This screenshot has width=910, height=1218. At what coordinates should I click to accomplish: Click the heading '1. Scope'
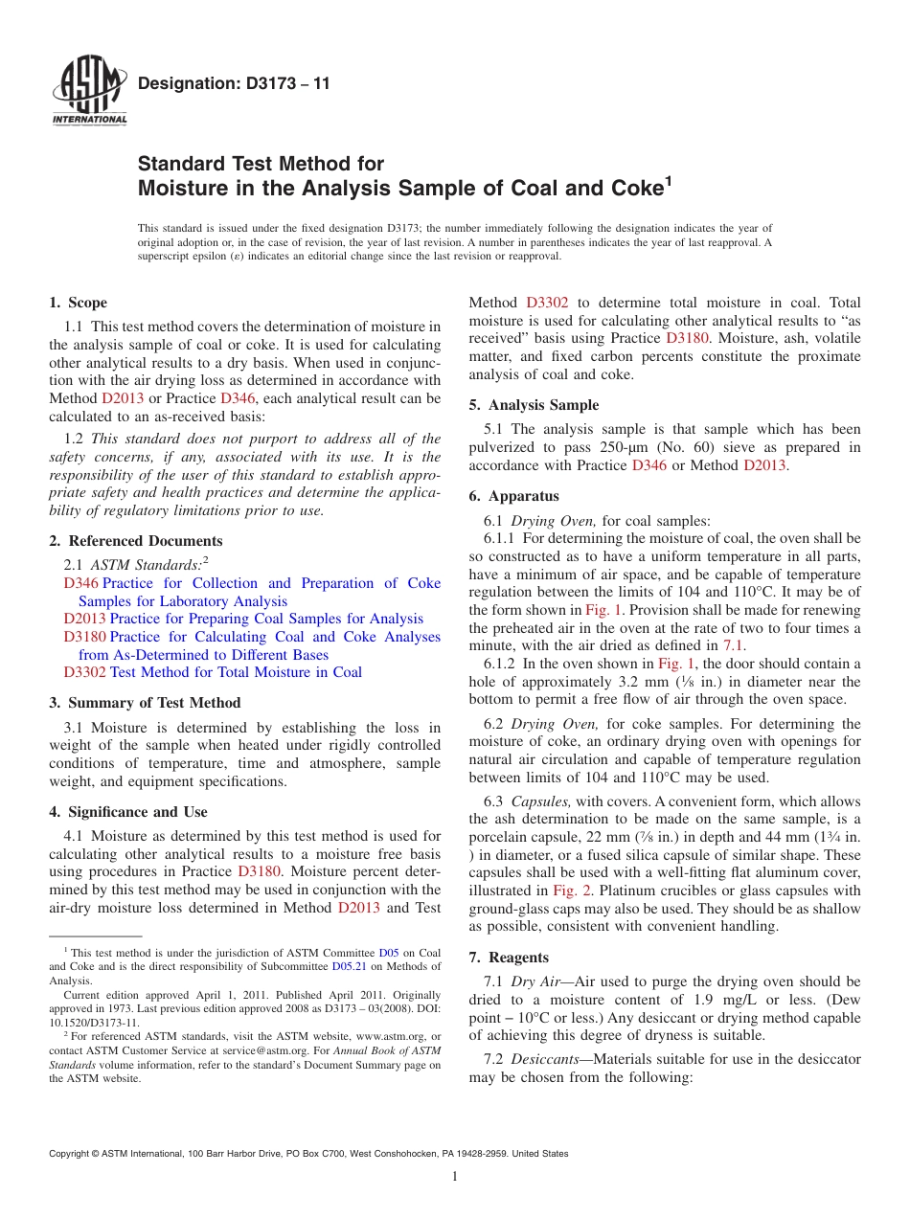click(78, 303)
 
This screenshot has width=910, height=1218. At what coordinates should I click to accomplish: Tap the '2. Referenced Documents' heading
click(135, 541)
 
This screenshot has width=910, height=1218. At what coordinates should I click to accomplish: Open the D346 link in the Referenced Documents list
click(80, 583)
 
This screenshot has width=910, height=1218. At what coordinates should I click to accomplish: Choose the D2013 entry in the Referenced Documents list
click(84, 619)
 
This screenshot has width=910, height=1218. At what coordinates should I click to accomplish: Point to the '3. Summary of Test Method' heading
click(145, 703)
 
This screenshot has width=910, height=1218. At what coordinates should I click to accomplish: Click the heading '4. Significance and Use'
click(127, 812)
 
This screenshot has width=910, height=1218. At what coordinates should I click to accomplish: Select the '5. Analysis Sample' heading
click(534, 405)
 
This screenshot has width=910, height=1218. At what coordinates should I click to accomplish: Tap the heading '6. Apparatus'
click(513, 496)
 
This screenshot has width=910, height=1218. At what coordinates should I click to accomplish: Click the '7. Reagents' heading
click(509, 958)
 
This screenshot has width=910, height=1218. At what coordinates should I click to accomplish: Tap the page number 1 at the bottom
click(455, 1176)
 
